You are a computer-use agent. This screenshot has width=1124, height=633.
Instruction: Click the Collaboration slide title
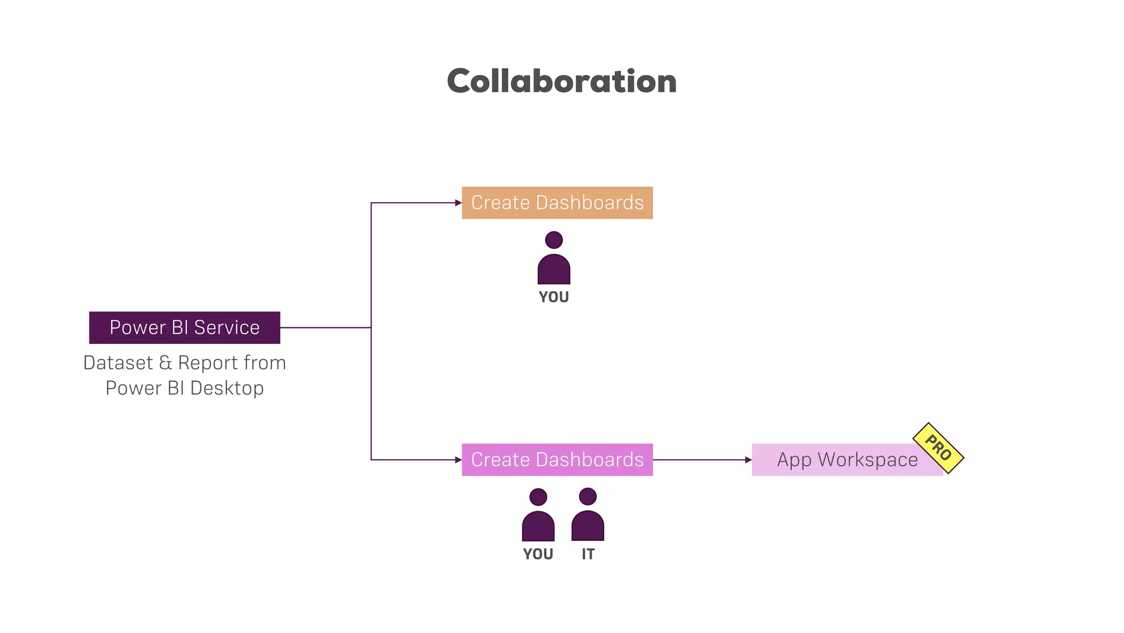pos(561,81)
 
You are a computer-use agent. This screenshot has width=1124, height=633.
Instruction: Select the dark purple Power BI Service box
pos(184,327)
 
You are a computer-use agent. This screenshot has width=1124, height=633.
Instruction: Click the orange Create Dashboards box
pos(557,203)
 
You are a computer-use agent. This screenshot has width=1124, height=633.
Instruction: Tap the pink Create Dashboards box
pos(557,459)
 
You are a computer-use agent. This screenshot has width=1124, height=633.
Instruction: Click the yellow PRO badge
pos(938,448)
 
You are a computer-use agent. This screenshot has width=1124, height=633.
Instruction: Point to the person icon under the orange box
pos(554,259)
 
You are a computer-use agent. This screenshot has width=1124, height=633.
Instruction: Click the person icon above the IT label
pos(588,515)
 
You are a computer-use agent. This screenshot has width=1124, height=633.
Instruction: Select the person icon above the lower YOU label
pos(538,515)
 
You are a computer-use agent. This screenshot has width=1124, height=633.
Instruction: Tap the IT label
pos(588,554)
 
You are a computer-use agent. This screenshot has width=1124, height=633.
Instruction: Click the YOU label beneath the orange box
pos(554,297)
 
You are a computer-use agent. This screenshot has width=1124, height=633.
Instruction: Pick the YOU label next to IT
pos(538,554)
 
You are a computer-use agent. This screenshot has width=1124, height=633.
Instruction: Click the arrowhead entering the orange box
pos(458,203)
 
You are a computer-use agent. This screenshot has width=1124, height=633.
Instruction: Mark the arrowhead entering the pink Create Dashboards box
pos(458,459)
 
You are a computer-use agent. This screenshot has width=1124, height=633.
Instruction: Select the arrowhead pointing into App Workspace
pos(748,459)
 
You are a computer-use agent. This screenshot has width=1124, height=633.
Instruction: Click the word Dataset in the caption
pos(118,363)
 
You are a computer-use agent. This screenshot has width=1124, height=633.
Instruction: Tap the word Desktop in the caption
pos(227,388)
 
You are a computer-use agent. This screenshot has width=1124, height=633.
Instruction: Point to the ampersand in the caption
pos(165,363)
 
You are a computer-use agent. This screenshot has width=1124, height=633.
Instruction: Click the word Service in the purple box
pos(227,327)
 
